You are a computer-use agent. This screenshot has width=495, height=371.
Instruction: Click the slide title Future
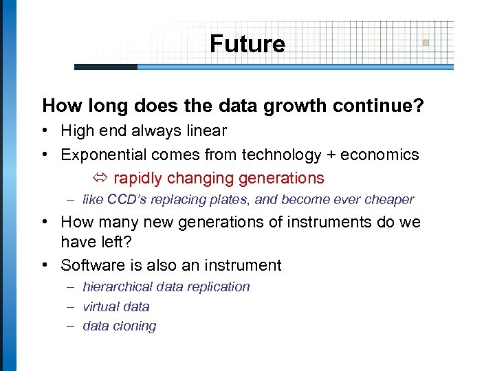coord(247,44)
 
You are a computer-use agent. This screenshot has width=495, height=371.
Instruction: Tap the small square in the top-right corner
coord(426,43)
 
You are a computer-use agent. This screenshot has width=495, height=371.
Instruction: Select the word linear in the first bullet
coord(205,131)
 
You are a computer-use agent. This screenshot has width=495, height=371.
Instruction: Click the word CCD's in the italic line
coord(133,200)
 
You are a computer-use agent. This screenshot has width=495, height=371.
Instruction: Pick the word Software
coord(90,265)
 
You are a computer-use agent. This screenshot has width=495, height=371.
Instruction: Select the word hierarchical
coord(120,286)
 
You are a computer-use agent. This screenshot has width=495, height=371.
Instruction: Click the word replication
coord(221,286)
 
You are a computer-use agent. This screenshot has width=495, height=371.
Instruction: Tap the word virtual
coord(100,306)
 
